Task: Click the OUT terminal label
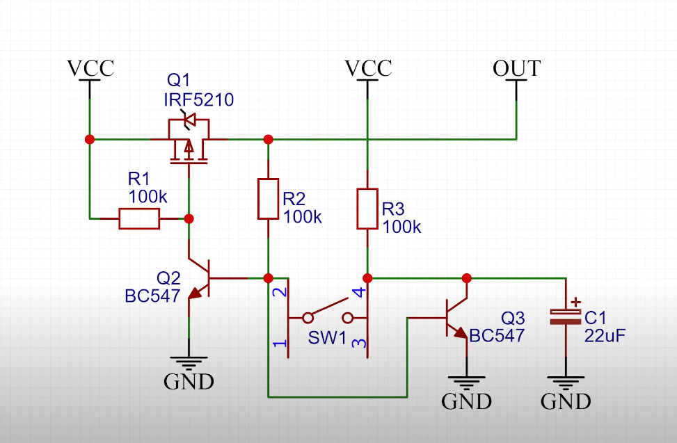coord(516,69)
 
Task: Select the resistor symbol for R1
coord(139,219)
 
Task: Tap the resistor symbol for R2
coord(269,199)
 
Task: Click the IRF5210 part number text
coord(198,100)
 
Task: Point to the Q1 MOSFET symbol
coord(189,143)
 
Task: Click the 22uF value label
coord(605,337)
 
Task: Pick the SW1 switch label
coord(327,339)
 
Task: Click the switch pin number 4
coord(358,293)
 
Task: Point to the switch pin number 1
coord(280,344)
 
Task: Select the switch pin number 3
coord(358,344)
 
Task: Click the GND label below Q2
coord(189,381)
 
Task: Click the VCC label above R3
coord(368,69)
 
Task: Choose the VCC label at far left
coord(90,69)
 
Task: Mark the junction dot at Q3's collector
coord(467,278)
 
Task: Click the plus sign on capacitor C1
coord(575,303)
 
